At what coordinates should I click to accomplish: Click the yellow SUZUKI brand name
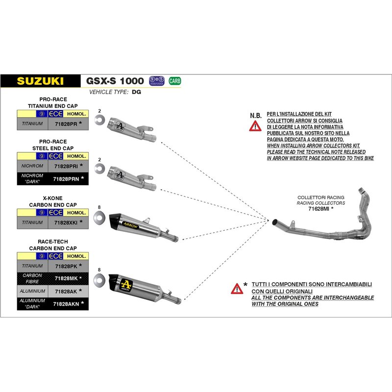[41, 81]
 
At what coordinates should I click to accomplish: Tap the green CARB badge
[174, 80]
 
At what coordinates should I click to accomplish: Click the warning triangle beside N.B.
[255, 126]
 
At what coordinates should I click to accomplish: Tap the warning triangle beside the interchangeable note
[237, 288]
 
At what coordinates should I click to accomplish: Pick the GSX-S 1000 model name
[115, 81]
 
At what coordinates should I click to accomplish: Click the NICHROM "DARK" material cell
[32, 179]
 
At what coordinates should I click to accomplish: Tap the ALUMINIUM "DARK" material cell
[32, 304]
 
